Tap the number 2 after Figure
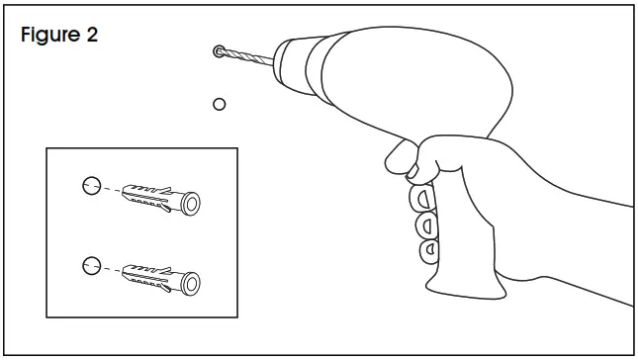[x=91, y=36]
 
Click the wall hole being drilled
[x=219, y=50]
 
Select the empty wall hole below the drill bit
[x=220, y=102]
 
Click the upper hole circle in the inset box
[x=90, y=186]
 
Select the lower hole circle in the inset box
[x=90, y=263]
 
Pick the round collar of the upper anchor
[x=191, y=204]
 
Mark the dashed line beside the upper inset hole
[x=110, y=190]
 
